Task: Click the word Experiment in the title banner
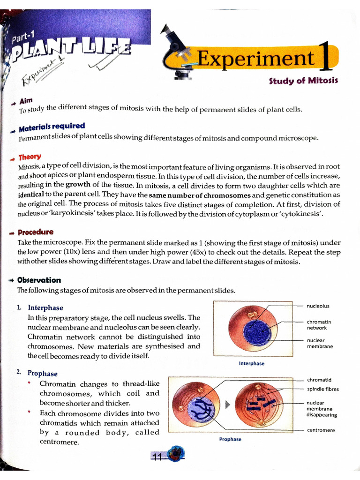click(x=256, y=59)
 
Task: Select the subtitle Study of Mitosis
click(x=303, y=81)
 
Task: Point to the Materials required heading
click(x=52, y=127)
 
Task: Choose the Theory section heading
click(x=30, y=157)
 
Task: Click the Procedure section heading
click(x=36, y=232)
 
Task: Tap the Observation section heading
click(x=39, y=280)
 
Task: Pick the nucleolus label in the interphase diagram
click(x=318, y=306)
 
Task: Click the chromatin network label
click(x=319, y=325)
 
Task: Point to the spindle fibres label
click(x=322, y=389)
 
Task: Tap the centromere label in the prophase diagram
click(x=321, y=430)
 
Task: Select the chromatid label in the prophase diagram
click(x=319, y=380)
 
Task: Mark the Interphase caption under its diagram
click(x=251, y=363)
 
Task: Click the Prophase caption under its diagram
click(x=230, y=439)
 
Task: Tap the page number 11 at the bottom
click(x=157, y=458)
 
